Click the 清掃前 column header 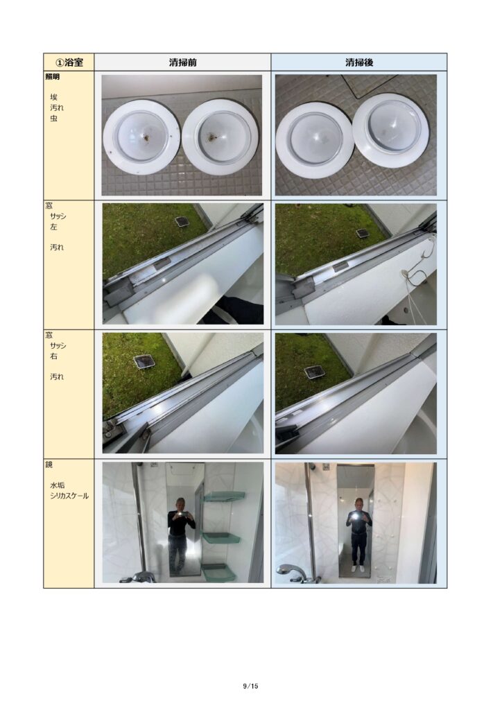(183, 62)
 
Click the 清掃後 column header (359, 62)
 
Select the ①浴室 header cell (69, 62)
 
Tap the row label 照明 (53, 77)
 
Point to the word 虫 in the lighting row (53, 119)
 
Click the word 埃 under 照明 (53, 97)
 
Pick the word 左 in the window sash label (53, 227)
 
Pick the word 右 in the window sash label (53, 356)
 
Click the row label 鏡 (49, 465)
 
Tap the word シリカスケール (69, 496)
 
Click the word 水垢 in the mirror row (57, 485)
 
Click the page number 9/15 (250, 686)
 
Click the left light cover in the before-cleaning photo (141, 137)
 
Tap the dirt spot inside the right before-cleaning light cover (213, 136)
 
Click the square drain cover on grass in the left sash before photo (182, 222)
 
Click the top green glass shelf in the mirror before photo (224, 496)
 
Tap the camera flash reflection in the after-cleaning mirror (357, 515)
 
